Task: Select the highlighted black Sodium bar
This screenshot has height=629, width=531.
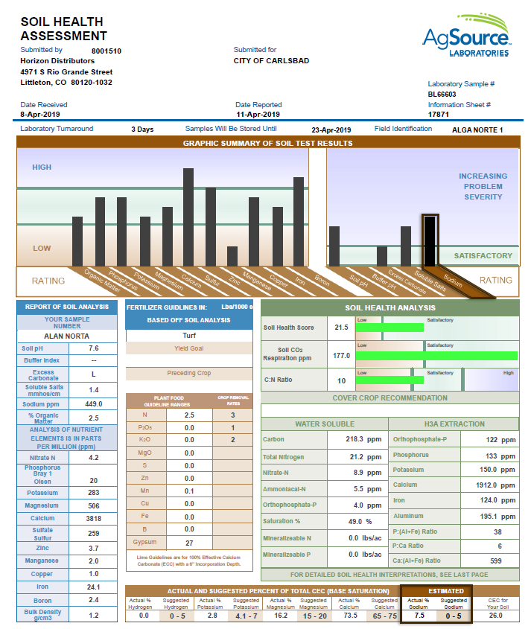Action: click(x=430, y=240)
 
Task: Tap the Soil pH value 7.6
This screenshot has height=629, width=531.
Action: click(x=94, y=348)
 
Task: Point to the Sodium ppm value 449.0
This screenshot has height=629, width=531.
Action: click(x=94, y=404)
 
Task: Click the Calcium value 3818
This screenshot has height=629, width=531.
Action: click(x=94, y=518)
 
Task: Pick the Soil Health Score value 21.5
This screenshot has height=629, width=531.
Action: click(x=342, y=328)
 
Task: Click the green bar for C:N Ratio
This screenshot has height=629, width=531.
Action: click(x=390, y=381)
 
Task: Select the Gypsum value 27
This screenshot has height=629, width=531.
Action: click(x=189, y=543)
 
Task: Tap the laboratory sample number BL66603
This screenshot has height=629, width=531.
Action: click(x=442, y=95)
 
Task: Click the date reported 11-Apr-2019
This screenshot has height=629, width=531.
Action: click(x=258, y=115)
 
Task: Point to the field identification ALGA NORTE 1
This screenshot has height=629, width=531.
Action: click(x=477, y=130)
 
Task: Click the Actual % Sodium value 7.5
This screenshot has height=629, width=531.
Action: click(x=419, y=616)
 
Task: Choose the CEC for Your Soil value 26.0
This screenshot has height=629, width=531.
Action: click(x=497, y=616)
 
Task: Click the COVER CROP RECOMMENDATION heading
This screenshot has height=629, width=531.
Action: click(x=389, y=398)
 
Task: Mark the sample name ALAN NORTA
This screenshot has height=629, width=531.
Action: click(x=67, y=336)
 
